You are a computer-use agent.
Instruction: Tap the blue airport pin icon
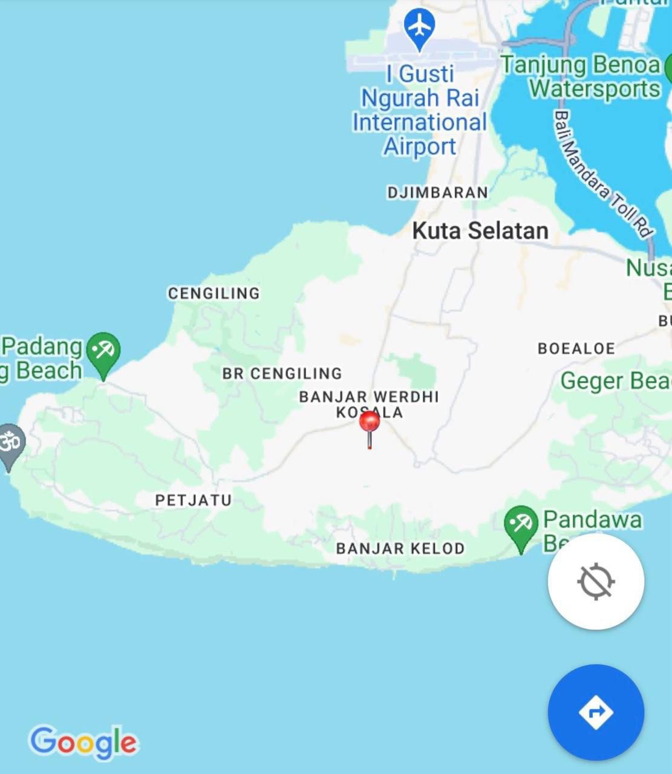[x=419, y=27]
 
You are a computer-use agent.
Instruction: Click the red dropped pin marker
[x=370, y=422]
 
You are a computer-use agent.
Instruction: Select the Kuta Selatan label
[x=480, y=230]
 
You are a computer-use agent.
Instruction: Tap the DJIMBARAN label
[x=437, y=192]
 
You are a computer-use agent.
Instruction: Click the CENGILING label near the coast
[x=214, y=293]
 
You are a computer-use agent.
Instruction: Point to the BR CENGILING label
[x=282, y=374]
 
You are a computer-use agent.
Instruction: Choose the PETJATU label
[x=194, y=500]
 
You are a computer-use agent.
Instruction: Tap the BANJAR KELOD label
[x=400, y=548]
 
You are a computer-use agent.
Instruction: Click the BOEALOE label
[x=576, y=348]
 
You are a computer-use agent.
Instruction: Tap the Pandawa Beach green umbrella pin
[x=521, y=525]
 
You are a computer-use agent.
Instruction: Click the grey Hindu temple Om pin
[x=10, y=444]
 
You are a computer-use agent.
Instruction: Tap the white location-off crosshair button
[x=596, y=581]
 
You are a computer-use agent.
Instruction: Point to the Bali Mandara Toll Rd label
[x=603, y=174]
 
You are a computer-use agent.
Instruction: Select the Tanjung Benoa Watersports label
[x=581, y=76]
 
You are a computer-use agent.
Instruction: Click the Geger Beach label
[x=616, y=381]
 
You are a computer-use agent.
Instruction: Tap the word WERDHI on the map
[x=406, y=397]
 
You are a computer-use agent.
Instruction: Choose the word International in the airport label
[x=419, y=122]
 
